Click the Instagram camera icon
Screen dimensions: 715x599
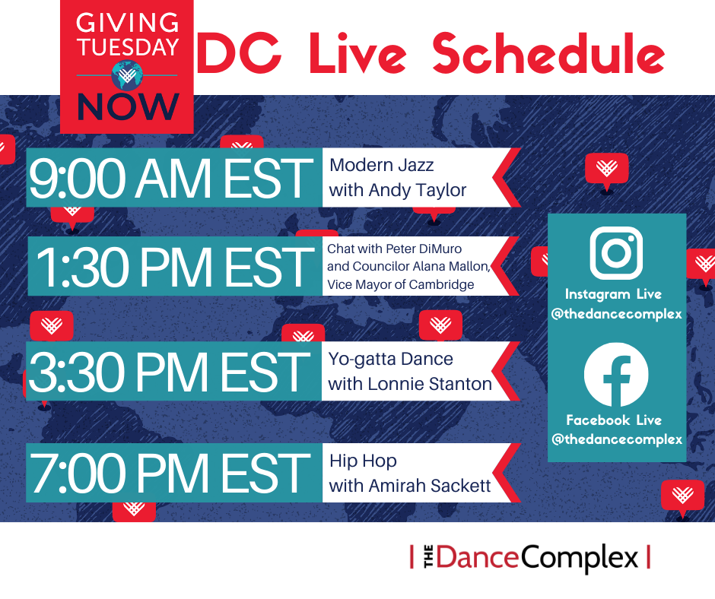click(616, 252)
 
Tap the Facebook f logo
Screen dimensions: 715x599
click(616, 374)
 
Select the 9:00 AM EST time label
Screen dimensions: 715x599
click(171, 178)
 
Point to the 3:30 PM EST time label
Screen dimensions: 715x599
click(169, 371)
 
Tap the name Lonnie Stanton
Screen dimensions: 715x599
click(430, 384)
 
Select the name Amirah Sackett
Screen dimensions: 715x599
click(430, 486)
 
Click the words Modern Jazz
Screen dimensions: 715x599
click(381, 165)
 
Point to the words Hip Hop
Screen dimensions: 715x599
click(363, 461)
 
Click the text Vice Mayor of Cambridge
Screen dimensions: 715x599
click(400, 284)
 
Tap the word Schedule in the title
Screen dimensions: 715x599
click(548, 53)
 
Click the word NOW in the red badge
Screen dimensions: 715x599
click(128, 106)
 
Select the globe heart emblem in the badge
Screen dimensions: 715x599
click(127, 75)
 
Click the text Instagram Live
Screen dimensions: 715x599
click(613, 294)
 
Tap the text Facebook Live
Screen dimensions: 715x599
click(614, 420)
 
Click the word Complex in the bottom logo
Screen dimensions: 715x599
click(579, 557)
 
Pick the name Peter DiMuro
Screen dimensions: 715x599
click(424, 249)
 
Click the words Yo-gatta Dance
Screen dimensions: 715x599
click(390, 360)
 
